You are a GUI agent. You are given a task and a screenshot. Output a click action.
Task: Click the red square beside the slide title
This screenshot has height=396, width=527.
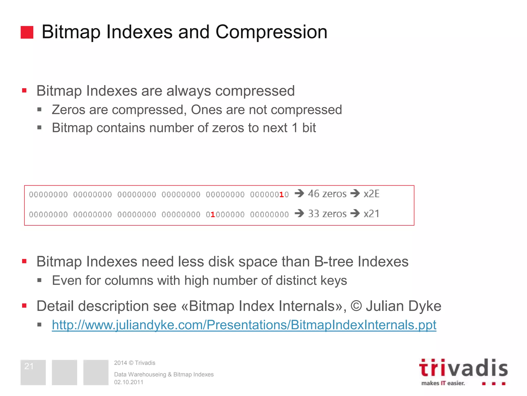coord(27,32)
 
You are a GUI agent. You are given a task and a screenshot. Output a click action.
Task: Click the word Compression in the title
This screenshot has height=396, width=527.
coord(271,32)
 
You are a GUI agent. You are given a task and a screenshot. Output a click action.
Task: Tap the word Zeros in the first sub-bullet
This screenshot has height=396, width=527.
coord(68,110)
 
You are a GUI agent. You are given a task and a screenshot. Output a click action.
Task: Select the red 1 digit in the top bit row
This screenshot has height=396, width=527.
coord(281,194)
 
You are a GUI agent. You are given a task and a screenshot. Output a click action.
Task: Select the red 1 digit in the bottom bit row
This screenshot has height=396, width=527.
coord(213,214)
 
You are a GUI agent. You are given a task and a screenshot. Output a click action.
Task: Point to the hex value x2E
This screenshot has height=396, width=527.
coord(371,194)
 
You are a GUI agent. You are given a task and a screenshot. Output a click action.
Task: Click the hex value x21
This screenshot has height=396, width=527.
coord(371,214)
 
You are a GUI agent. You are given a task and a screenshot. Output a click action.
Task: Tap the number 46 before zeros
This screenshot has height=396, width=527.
coord(313,194)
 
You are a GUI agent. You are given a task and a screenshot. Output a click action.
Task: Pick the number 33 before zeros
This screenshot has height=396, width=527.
coord(313,214)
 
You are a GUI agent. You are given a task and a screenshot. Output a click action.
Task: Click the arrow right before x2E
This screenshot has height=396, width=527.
coord(355,193)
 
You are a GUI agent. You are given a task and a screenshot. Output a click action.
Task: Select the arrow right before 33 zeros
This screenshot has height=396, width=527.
coord(299,213)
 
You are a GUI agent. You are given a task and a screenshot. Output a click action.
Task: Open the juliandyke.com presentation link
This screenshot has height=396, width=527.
coord(244,325)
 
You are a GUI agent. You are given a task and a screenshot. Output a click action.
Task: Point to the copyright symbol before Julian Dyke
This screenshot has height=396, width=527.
coord(356,306)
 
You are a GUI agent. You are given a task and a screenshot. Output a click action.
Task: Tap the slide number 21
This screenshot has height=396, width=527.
coord(29,366)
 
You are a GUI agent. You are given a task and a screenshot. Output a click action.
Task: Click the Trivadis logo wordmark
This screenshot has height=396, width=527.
coord(463,368)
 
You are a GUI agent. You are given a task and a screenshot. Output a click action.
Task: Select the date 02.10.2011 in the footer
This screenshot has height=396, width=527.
coord(129,382)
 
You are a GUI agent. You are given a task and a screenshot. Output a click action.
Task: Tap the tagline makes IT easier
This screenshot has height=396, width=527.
coord(443,383)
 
